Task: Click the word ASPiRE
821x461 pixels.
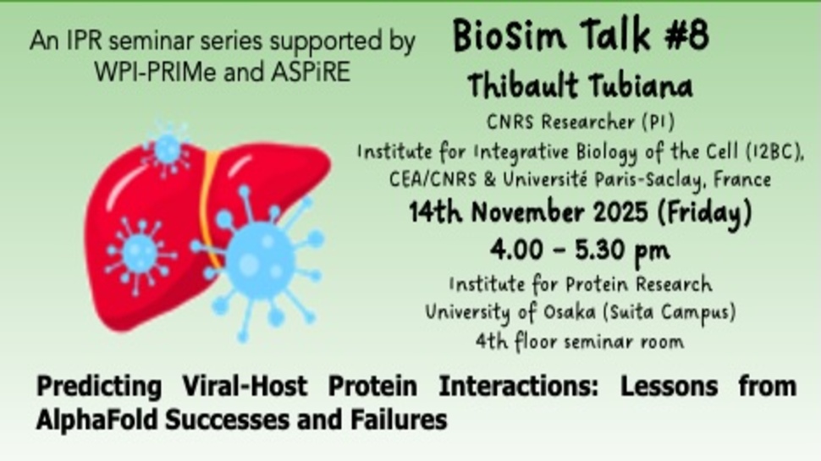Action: tap(311, 72)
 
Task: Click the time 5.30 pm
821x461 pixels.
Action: tap(622, 250)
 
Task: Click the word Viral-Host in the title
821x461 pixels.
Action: tap(245, 387)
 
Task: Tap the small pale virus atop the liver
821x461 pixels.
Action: tap(168, 149)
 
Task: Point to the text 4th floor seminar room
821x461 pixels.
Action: tap(580, 342)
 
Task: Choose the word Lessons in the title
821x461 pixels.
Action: tap(669, 387)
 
